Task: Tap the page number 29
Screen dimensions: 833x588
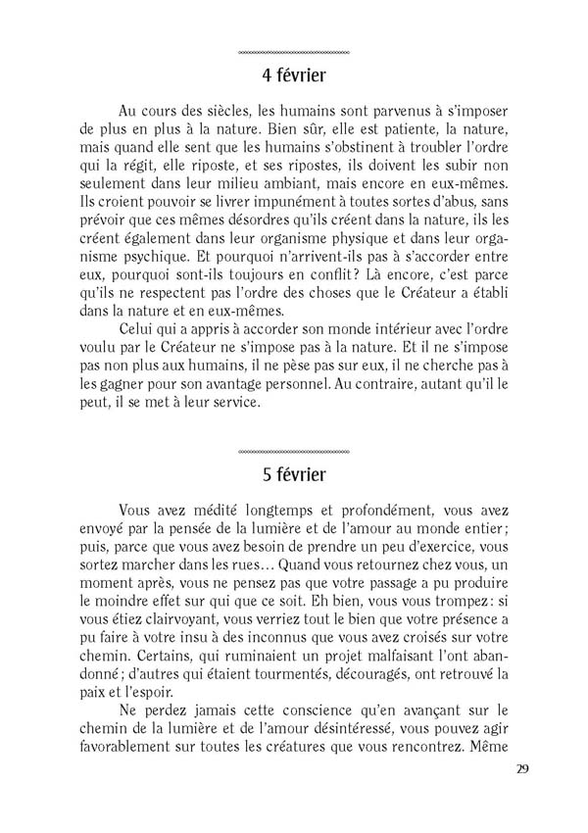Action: (521, 767)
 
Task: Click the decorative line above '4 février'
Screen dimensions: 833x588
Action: (294, 51)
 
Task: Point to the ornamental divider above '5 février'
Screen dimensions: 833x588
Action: (294, 452)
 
